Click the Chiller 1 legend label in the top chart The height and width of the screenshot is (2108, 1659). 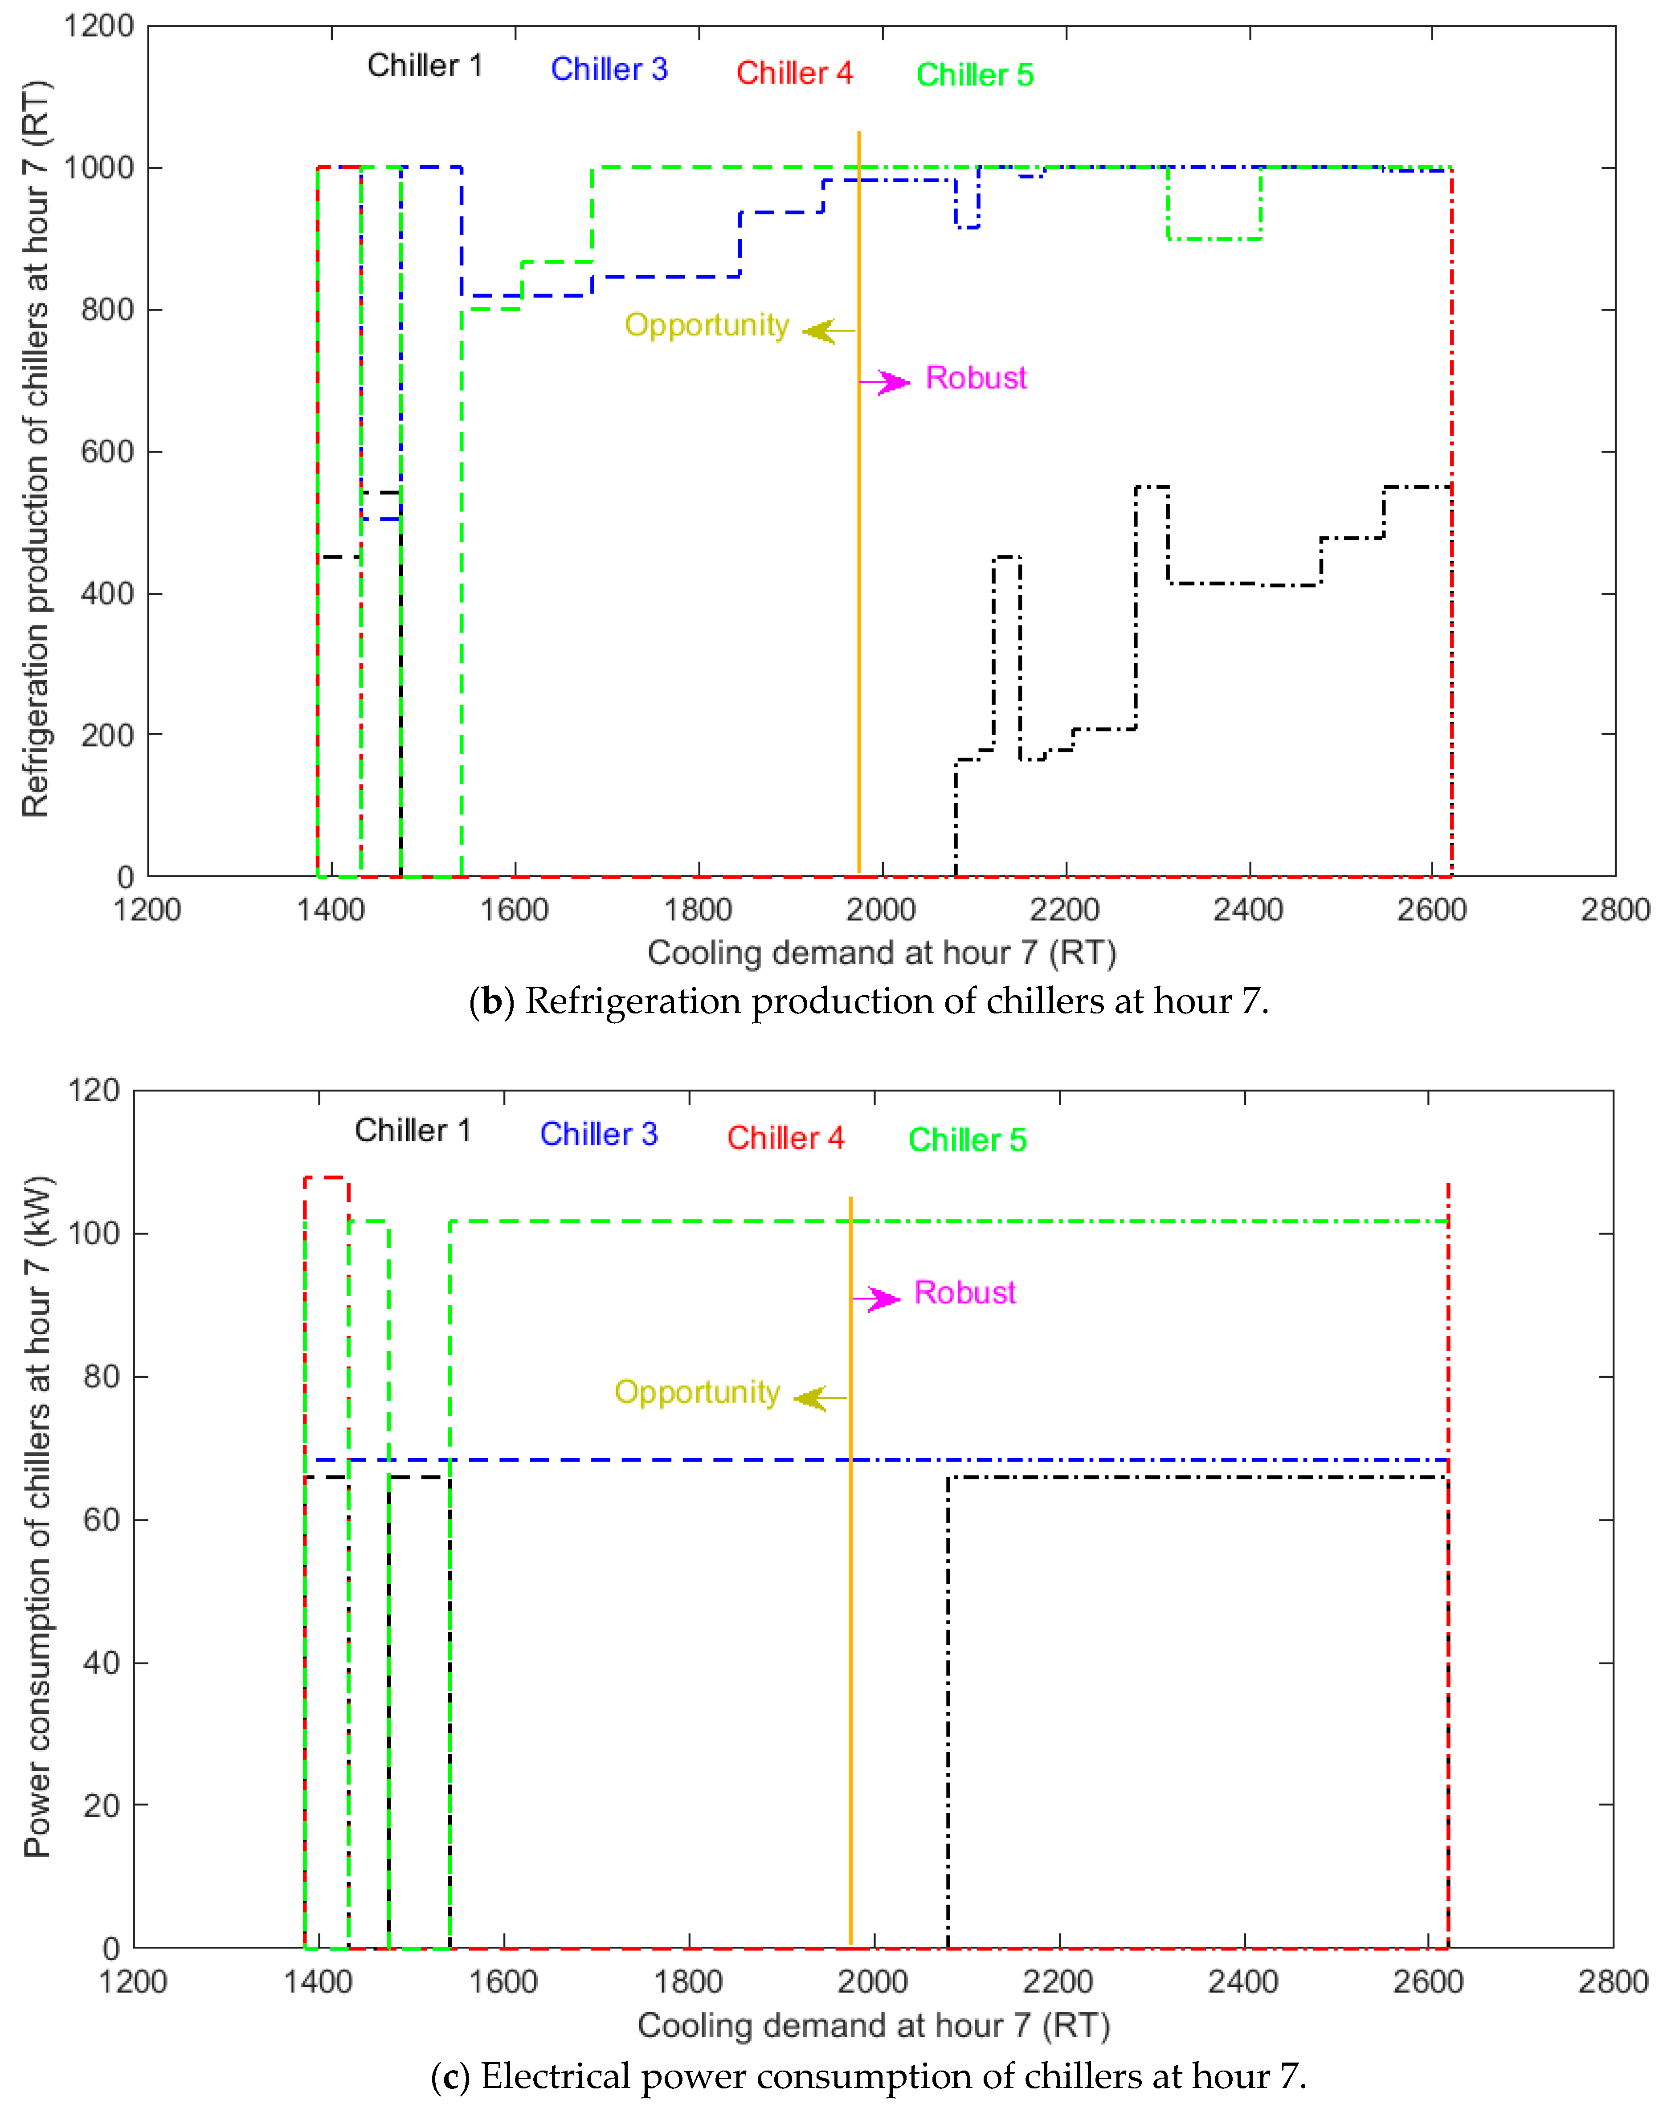[425, 66]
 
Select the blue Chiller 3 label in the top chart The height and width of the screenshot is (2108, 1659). [609, 70]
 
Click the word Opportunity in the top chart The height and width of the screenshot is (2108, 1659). [706, 326]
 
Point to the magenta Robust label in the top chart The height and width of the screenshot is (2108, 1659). [975, 378]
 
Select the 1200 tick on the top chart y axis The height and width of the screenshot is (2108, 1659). [98, 26]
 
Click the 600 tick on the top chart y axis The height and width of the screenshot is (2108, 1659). [107, 452]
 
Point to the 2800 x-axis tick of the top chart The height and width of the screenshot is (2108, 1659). [1614, 910]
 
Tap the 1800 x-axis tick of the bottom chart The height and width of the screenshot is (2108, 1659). [689, 1982]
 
